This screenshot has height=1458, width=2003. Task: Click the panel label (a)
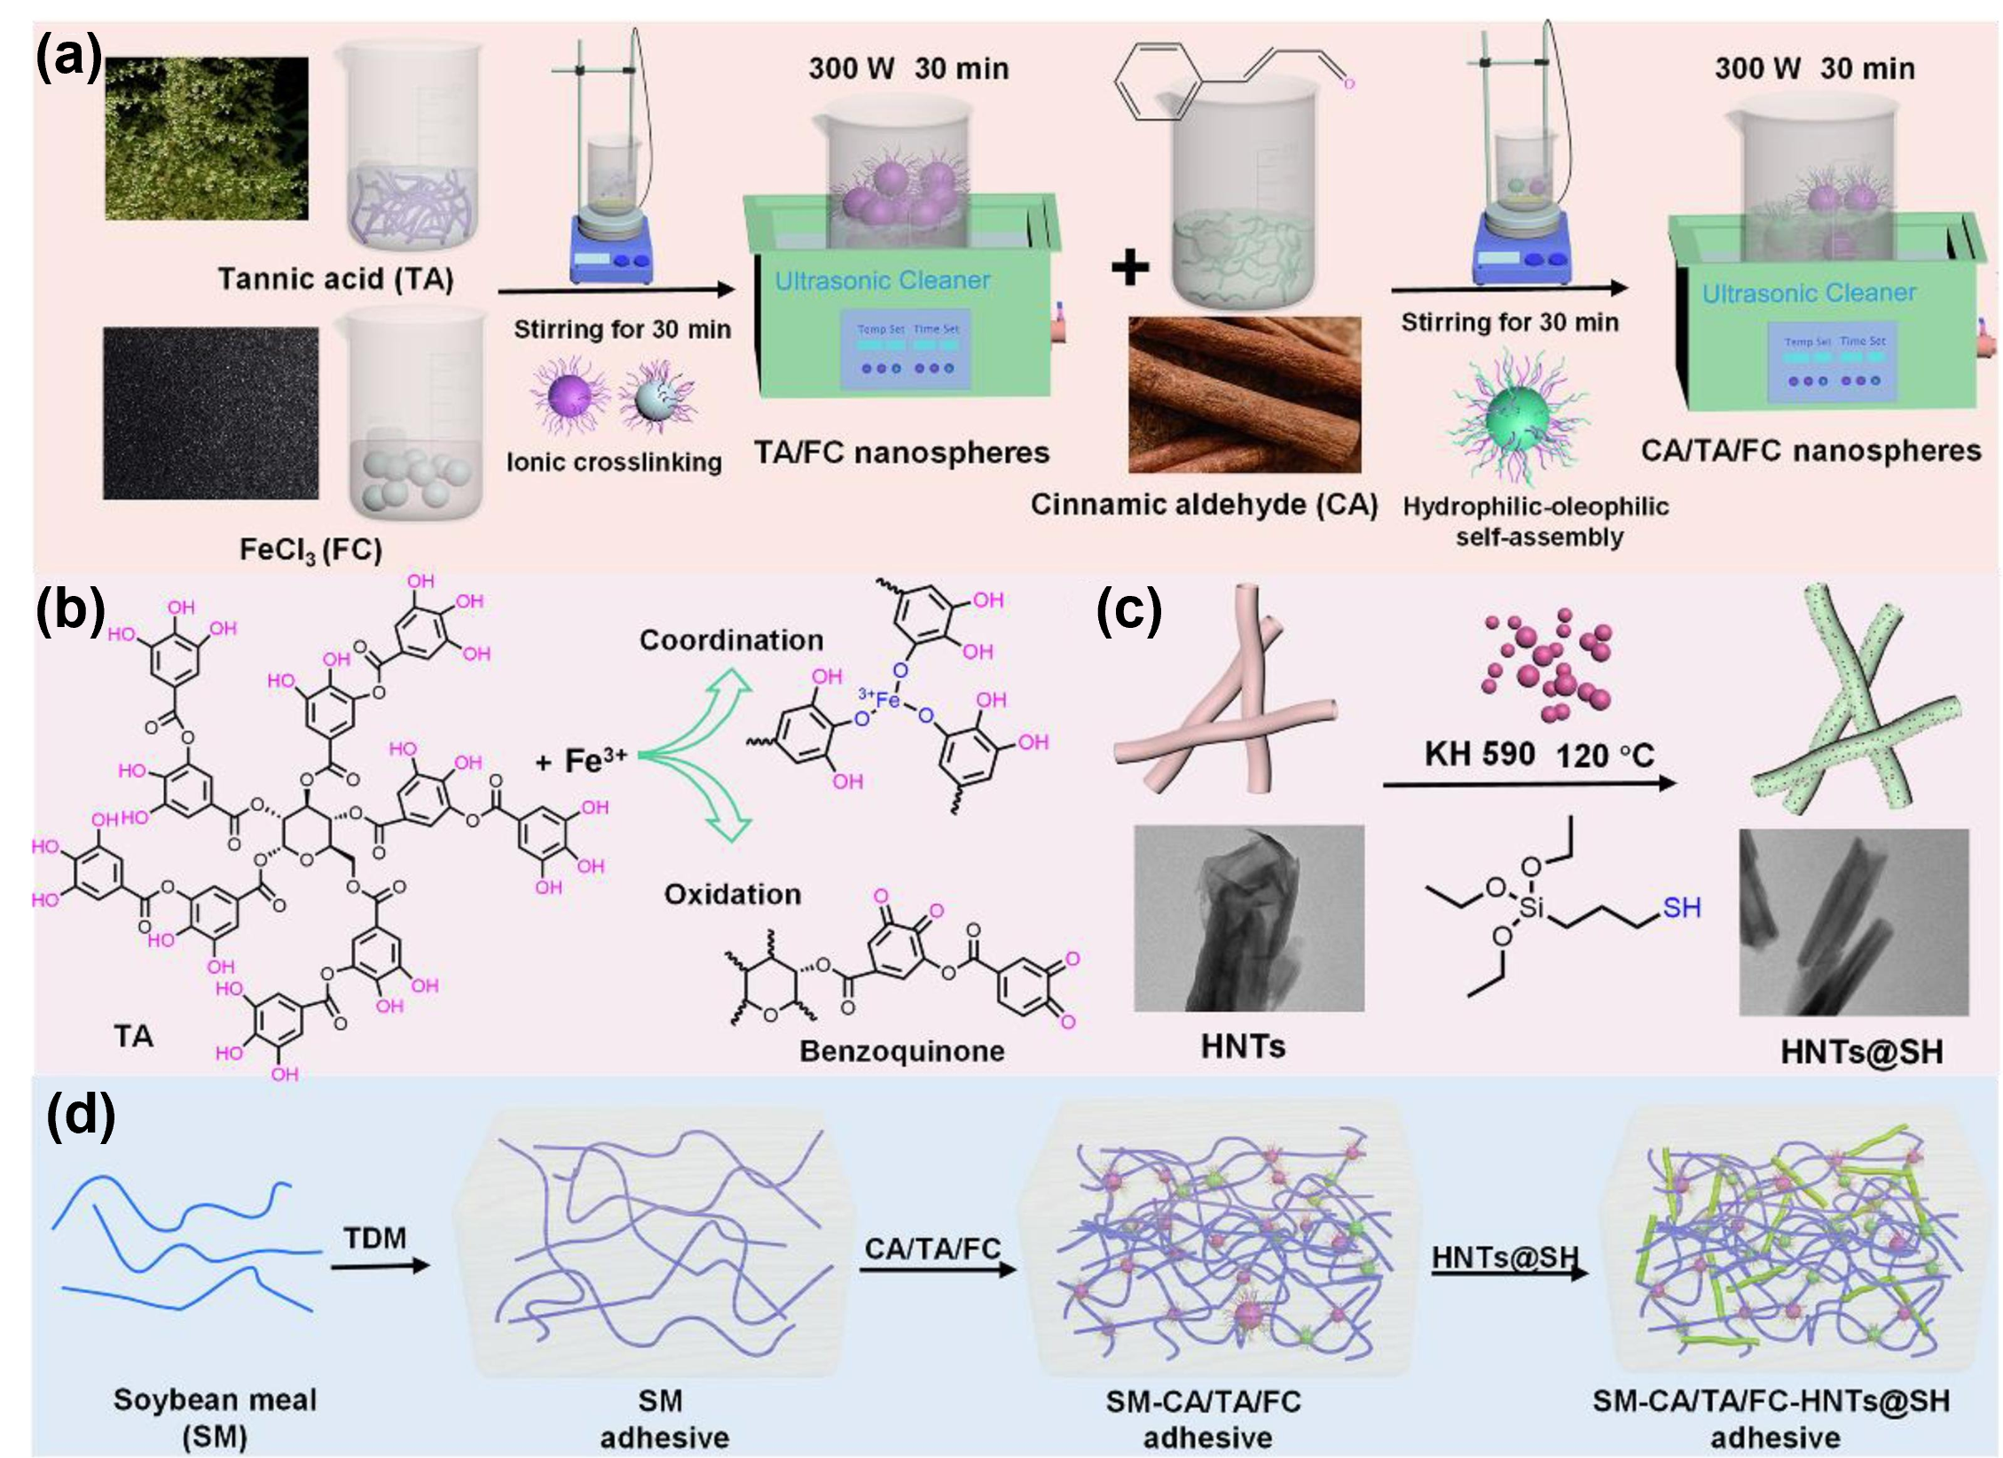67,59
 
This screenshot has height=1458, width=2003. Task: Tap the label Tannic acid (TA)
336,279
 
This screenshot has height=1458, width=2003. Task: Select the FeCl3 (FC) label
310,550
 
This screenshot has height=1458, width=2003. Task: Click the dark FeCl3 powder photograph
210,413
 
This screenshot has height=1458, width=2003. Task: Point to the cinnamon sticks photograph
1244,395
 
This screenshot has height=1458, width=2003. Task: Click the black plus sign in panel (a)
1129,267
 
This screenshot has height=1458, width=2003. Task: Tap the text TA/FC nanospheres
901,453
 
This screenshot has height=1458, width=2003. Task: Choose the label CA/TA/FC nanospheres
1811,451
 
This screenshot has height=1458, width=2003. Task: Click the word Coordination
731,640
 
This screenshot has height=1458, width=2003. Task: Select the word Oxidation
732,894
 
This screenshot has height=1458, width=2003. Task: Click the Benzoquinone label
901,1051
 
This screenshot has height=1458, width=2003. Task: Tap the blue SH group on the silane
1681,907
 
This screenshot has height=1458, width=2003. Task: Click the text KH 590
1479,755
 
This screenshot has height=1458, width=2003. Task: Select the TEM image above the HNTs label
1249,918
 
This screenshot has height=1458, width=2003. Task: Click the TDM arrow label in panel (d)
374,1237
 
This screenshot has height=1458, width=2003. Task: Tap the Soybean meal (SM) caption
215,1418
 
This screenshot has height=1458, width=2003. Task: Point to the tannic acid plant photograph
207,138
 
